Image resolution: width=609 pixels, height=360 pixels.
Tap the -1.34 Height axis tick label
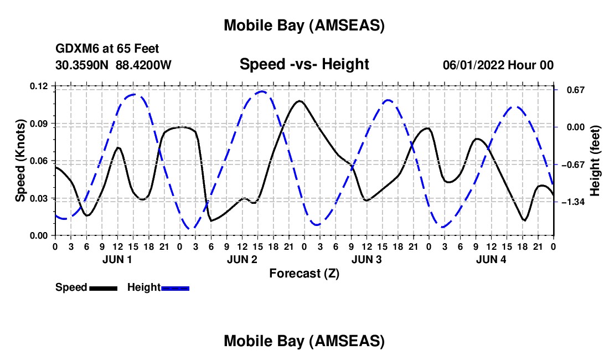[574, 202]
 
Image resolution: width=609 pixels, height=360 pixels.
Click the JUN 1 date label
[117, 259]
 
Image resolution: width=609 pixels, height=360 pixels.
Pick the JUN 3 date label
[367, 259]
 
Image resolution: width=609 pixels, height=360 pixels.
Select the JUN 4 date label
[491, 259]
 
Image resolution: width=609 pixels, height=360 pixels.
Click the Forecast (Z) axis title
[304, 273]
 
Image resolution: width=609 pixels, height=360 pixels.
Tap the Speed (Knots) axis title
[20, 161]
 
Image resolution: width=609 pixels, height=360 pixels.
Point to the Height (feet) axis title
[595, 161]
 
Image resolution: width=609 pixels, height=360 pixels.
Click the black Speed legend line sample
[103, 288]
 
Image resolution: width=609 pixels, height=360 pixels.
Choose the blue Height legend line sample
[176, 288]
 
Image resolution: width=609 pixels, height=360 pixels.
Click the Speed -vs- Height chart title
[304, 65]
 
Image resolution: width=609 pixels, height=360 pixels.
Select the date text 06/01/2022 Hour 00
[498, 65]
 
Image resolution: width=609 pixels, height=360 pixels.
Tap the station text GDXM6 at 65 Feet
[107, 49]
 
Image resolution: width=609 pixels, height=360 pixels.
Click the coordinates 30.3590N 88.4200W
[113, 65]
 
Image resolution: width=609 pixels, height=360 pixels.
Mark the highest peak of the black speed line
[300, 101]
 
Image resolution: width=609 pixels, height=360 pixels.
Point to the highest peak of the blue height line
[262, 91]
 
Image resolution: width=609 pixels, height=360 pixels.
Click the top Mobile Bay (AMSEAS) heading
[304, 25]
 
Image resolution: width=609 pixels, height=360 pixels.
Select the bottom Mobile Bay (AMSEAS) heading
[304, 341]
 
